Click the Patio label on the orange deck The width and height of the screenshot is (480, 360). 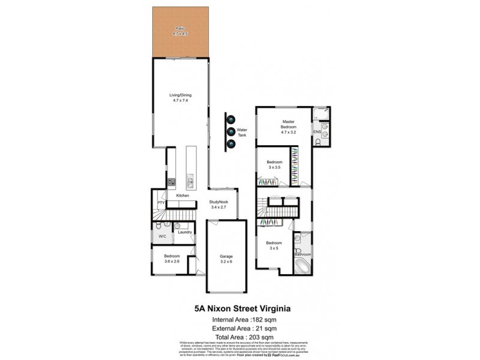[x=178, y=31]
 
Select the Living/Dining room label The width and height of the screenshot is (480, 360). [x=178, y=98]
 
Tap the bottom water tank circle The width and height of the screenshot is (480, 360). [x=230, y=143]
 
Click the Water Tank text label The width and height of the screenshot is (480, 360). [x=242, y=133]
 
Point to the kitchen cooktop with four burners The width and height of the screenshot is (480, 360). [x=171, y=181]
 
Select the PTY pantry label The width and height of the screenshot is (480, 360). [x=161, y=203]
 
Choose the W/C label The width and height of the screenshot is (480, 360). [x=162, y=236]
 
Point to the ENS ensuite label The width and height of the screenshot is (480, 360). [x=317, y=132]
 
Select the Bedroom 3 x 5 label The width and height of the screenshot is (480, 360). [x=274, y=245]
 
